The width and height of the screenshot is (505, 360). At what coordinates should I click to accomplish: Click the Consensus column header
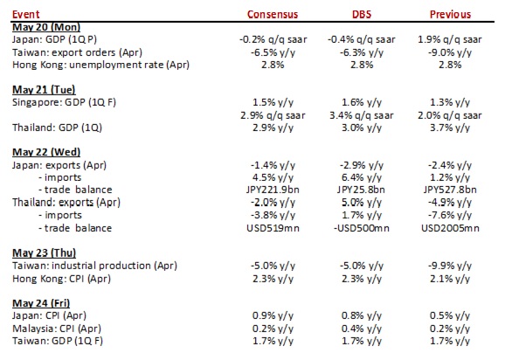point(273,15)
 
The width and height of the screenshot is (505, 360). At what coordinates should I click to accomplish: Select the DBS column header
point(362,15)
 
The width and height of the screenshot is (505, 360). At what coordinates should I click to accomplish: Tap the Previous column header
point(450,15)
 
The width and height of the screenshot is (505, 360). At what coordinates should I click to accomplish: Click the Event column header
point(25,15)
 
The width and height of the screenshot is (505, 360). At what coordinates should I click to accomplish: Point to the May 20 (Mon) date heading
point(46,27)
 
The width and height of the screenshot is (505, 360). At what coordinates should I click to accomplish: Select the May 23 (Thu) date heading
point(45,253)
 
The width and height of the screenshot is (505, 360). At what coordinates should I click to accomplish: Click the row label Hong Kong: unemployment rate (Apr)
point(100,65)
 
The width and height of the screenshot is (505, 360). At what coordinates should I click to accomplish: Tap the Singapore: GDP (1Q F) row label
point(64,103)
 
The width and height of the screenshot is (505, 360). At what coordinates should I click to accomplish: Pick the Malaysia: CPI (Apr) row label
point(57,329)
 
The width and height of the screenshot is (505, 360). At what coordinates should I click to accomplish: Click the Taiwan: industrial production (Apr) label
point(94,266)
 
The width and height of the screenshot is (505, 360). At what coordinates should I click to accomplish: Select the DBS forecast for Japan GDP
point(362,40)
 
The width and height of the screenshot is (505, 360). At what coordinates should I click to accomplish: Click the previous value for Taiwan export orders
point(450,52)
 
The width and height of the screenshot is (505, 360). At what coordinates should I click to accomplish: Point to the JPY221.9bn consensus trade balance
point(273,190)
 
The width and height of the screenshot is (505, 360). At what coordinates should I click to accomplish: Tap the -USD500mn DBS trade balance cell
point(362,228)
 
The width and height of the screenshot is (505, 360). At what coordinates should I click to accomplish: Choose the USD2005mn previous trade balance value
point(450,228)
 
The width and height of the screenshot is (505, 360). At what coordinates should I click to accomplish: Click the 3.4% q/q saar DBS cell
point(362,115)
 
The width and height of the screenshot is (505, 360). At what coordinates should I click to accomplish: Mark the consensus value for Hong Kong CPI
point(273,279)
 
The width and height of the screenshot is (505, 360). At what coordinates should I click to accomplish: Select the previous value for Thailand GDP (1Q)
point(450,128)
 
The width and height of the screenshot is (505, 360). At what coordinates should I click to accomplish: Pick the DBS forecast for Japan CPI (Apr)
point(362,316)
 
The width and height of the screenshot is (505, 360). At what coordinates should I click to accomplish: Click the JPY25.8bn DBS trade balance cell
point(361,190)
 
